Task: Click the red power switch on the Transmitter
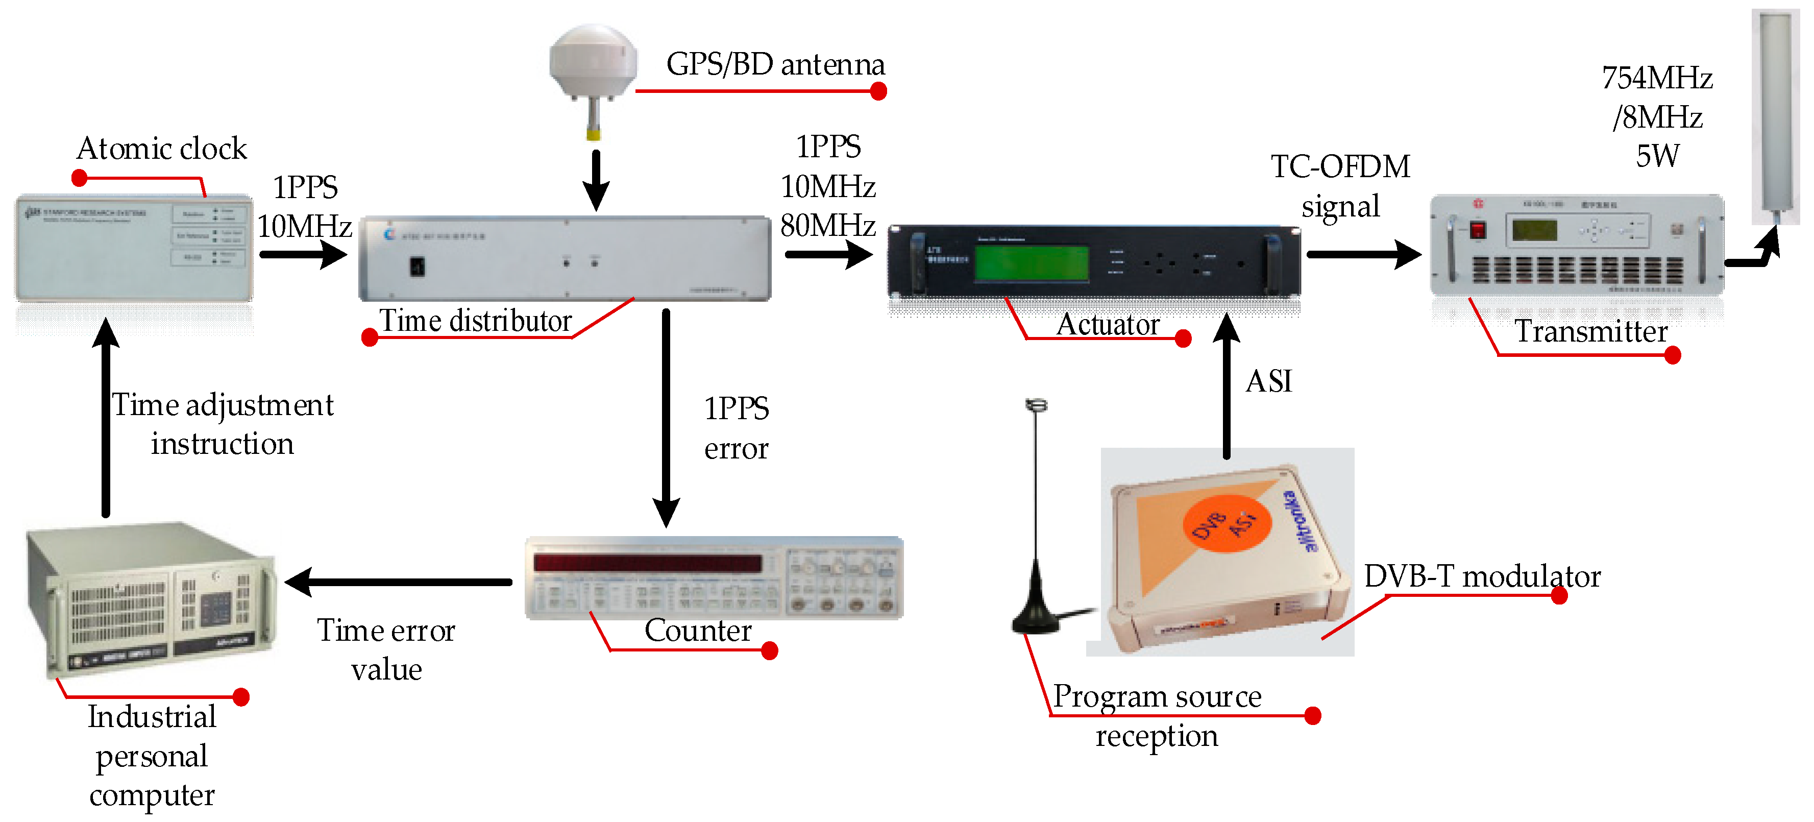coord(1478,230)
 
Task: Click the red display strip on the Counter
coord(647,563)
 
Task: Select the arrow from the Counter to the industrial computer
coord(399,582)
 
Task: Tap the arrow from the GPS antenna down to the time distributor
coord(596,180)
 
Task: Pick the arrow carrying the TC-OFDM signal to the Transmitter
coord(1363,254)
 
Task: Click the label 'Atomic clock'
coord(161,149)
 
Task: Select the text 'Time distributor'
coord(475,321)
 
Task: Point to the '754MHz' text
coord(1656,78)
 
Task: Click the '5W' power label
coord(1656,156)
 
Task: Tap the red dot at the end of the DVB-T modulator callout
coord(1559,596)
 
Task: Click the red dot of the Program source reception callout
coord(1312,716)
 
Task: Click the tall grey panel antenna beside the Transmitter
coord(1775,116)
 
